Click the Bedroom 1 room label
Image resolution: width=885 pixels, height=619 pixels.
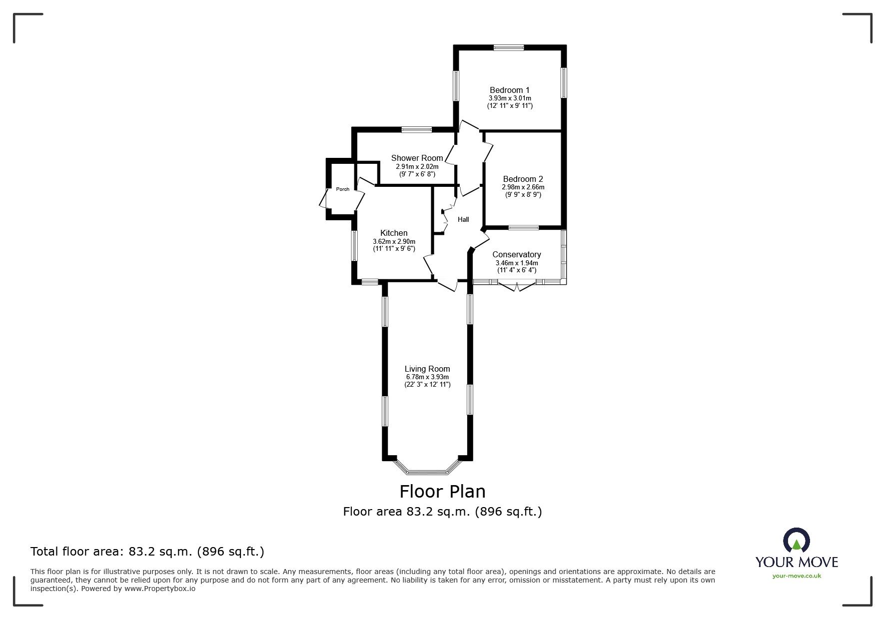tap(510, 90)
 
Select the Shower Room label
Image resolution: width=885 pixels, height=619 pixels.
tap(417, 158)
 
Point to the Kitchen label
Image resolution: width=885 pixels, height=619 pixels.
tap(394, 233)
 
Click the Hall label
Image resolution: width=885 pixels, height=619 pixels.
tap(464, 219)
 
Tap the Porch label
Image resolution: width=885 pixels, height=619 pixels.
tap(343, 189)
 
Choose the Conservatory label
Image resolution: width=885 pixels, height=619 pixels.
tap(517, 254)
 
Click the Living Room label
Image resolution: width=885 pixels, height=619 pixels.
tap(427, 369)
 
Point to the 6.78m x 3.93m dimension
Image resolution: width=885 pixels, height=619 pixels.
tap(427, 377)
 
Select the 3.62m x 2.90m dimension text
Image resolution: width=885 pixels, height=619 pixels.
tap(394, 241)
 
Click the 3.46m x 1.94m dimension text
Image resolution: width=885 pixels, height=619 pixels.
tap(517, 263)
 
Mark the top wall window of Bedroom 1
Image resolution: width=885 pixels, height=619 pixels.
tap(509, 48)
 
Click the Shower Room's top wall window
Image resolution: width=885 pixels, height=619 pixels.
tap(417, 130)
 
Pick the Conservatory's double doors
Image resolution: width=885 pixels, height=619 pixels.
tap(517, 285)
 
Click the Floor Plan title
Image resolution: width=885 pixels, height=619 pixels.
tap(442, 491)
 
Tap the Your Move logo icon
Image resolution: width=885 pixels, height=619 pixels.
tap(797, 541)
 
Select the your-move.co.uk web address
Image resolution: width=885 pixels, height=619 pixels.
tap(797, 576)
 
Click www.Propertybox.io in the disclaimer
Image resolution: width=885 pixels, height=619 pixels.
tap(160, 589)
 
